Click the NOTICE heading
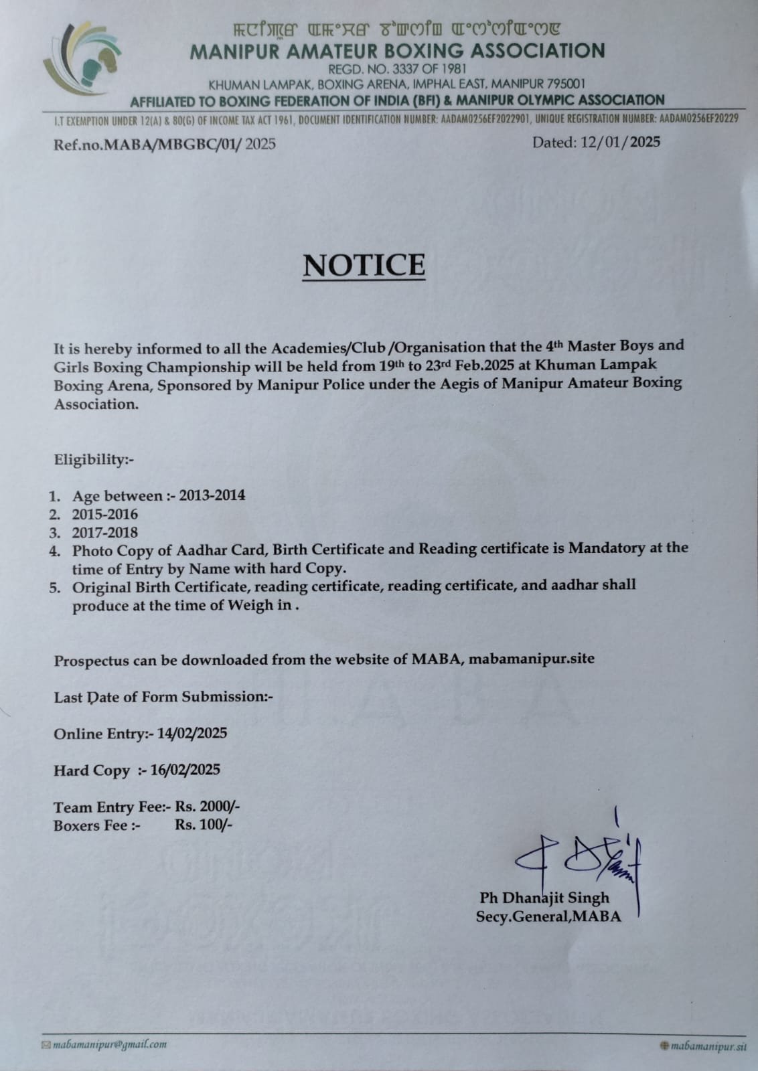(364, 264)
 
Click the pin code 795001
(566, 84)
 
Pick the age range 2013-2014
(207, 495)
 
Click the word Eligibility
(91, 460)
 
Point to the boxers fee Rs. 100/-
(204, 825)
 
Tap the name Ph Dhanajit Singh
(544, 898)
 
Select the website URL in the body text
(531, 659)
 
